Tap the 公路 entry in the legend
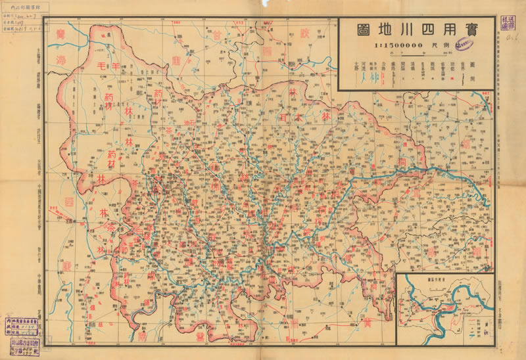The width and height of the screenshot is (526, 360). point(383,66)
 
